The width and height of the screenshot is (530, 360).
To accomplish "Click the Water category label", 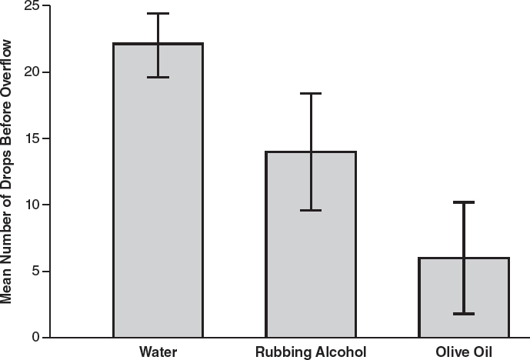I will pyautogui.click(x=158, y=352).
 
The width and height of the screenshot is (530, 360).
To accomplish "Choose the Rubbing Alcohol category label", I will pyautogui.click(x=311, y=352).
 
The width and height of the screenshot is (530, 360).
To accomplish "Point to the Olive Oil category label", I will pyautogui.click(x=464, y=352).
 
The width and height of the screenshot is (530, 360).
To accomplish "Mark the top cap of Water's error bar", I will pyautogui.click(x=158, y=14).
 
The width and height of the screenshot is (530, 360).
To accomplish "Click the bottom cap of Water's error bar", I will pyautogui.click(x=158, y=77).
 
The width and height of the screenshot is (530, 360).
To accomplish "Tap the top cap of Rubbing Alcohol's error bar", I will pyautogui.click(x=311, y=93).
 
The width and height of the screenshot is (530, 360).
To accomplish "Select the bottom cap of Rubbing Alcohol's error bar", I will pyautogui.click(x=311, y=210).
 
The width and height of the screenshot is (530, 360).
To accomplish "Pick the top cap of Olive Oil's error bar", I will pyautogui.click(x=464, y=202).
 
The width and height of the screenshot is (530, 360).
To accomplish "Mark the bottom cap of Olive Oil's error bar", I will pyautogui.click(x=464, y=314).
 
